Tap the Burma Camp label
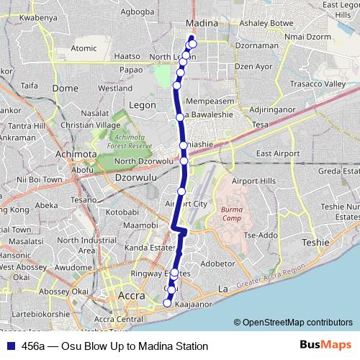tap(232, 212)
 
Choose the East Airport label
tap(277, 153)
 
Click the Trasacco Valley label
tap(318, 84)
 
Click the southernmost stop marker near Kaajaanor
tap(167, 303)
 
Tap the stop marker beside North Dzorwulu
tap(184, 161)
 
